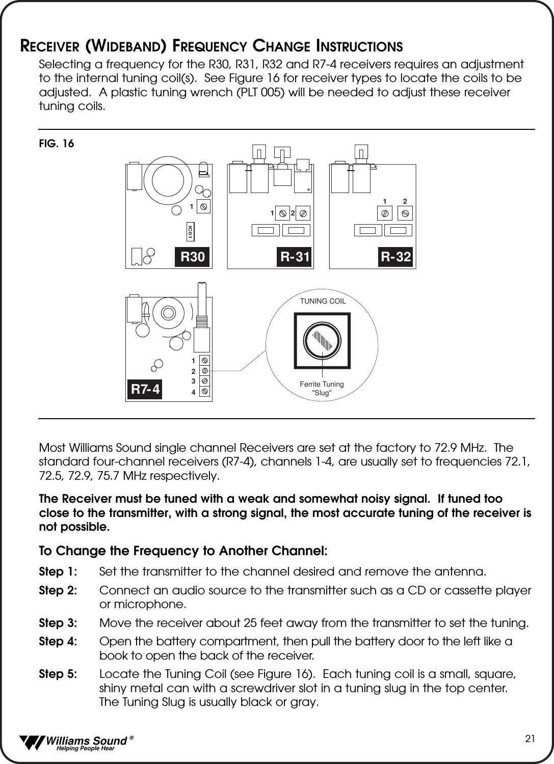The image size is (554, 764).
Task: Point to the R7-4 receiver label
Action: [145, 390]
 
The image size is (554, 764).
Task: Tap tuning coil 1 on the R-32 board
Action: [385, 212]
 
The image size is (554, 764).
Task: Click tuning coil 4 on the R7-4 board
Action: [204, 392]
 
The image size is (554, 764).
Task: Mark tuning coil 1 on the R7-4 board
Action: [204, 360]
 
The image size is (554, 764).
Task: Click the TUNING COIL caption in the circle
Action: [323, 301]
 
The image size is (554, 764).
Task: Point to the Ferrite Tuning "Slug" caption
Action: [322, 389]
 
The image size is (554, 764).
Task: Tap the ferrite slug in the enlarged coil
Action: [323, 340]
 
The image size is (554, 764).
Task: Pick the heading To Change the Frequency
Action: [183, 551]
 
